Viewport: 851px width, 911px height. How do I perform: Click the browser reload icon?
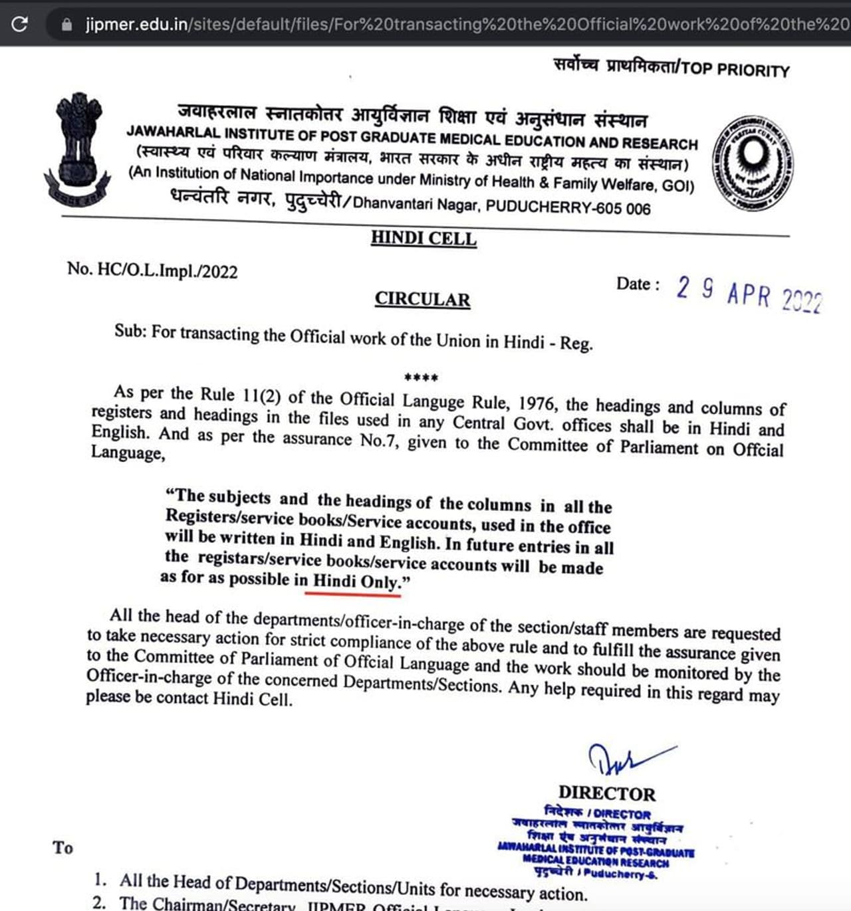click(20, 24)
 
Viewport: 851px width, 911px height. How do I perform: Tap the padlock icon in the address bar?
click(66, 25)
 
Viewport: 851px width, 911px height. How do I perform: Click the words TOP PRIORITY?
click(735, 70)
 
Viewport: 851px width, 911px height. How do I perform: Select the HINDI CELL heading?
click(424, 238)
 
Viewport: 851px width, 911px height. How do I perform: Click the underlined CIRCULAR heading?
click(422, 300)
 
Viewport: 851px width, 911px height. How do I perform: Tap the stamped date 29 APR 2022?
click(749, 294)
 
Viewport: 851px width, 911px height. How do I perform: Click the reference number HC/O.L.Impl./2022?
click(167, 270)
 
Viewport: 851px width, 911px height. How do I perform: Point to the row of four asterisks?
click(421, 378)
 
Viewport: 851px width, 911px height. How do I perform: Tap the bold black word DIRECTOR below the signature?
click(606, 793)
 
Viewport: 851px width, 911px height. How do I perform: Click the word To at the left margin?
click(63, 848)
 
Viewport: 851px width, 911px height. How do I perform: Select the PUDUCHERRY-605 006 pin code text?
click(568, 207)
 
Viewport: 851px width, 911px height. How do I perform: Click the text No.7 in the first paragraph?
click(379, 440)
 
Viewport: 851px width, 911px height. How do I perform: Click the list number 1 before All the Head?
click(100, 880)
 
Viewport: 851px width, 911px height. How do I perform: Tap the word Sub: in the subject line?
click(130, 330)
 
